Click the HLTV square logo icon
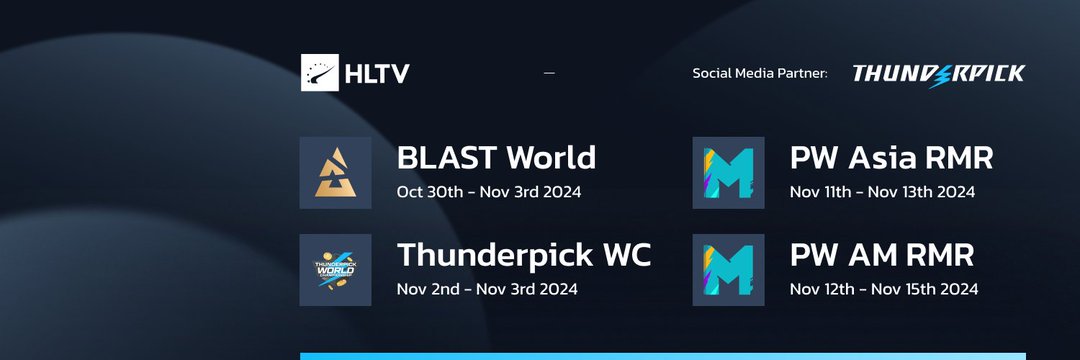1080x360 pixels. coord(320,73)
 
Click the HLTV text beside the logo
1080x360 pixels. coord(376,73)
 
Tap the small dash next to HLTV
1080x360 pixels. coord(549,73)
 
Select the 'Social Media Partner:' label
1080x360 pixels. coord(760,73)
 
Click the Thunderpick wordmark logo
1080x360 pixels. coord(938,74)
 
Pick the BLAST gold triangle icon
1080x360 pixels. coord(335,173)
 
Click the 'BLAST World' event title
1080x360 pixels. coord(496,157)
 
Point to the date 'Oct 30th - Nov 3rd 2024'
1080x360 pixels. coord(489,191)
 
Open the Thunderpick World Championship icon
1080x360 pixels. coord(335,270)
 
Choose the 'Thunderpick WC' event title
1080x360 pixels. coord(524,255)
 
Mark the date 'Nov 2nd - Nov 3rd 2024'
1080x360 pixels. coord(487,289)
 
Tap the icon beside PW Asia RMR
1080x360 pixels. coord(728,173)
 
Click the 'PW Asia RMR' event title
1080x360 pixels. coord(891,157)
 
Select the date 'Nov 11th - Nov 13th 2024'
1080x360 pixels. coord(882,191)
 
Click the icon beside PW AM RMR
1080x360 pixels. coord(728,270)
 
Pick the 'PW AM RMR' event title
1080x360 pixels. coord(881,255)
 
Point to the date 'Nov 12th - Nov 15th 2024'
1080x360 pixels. coord(883,289)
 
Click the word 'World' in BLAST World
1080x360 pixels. coord(551,157)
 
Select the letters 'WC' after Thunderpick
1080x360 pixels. coord(626,255)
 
